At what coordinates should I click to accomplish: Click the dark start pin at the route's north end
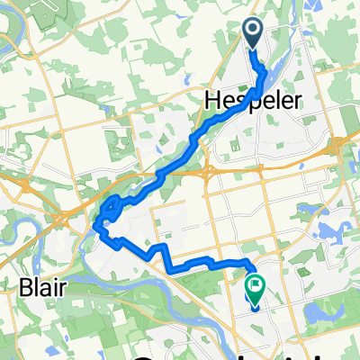pos(253,34)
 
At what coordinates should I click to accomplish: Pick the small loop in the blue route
pos(110,207)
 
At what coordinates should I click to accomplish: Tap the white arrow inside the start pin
pos(253,32)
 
